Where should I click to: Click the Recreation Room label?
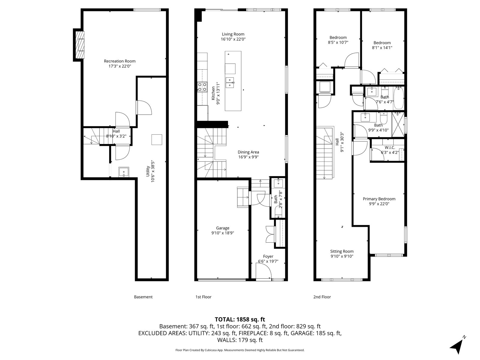[x=120, y=61]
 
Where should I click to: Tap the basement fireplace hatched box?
[x=79, y=45]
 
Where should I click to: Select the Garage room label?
[x=223, y=228]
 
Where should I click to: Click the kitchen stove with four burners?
[x=202, y=87]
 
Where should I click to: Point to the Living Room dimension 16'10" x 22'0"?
[x=233, y=39]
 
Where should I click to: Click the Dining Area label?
[x=248, y=152]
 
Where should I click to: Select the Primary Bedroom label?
[x=379, y=199]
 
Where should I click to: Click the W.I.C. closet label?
[x=390, y=148]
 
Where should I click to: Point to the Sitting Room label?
[x=342, y=251]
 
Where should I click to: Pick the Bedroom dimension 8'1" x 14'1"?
[x=382, y=48]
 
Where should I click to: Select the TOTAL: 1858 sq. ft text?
[x=240, y=319]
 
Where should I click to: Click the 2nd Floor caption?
[x=322, y=297]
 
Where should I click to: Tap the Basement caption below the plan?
[x=143, y=297]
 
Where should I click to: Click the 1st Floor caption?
[x=203, y=297]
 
